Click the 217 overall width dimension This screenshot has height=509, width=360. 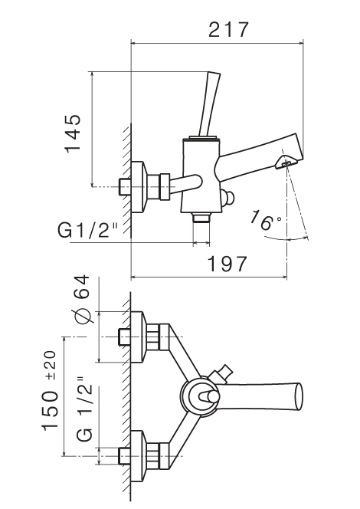click(x=228, y=30)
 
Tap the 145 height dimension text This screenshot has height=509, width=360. click(x=73, y=133)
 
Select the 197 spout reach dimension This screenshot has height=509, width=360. click(x=227, y=264)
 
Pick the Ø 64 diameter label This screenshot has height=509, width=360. click(x=81, y=299)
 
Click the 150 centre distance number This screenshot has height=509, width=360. click(x=51, y=411)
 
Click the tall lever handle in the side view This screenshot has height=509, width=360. click(x=209, y=104)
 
